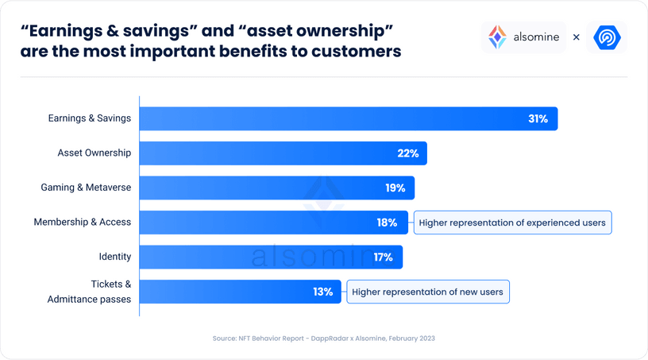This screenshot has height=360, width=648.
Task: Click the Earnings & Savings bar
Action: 348,119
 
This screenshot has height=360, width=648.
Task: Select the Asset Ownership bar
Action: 283,153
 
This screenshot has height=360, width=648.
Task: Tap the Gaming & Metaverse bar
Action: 276,188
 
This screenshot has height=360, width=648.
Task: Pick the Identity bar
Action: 271,257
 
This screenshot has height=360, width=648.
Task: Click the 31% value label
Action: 538,119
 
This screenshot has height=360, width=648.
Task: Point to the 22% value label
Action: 407,153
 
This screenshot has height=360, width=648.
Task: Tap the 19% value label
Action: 395,188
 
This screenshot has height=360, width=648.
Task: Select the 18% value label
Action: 387,223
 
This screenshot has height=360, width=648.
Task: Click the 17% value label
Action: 383,257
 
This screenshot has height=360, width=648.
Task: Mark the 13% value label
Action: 322,292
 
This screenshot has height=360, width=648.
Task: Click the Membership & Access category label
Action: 82,223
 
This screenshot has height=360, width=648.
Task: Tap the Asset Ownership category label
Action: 94,153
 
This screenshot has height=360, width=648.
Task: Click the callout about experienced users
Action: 512,223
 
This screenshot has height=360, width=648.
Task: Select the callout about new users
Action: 427,292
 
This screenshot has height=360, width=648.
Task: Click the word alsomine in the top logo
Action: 534,37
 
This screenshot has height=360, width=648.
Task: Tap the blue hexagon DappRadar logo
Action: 607,37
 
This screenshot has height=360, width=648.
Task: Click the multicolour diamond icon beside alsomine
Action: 497,37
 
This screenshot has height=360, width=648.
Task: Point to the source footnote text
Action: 323,339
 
